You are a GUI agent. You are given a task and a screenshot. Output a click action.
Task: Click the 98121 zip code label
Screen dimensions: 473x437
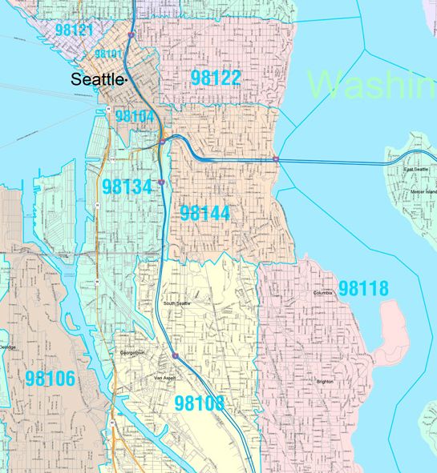[x=75, y=29]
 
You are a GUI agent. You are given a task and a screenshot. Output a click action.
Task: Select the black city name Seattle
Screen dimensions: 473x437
[x=97, y=79]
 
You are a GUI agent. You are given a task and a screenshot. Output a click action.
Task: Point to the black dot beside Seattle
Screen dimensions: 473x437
[x=126, y=80]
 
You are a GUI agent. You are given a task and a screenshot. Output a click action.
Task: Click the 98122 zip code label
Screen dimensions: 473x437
[x=216, y=78]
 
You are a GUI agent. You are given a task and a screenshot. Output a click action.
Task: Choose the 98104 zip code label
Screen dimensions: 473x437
[x=134, y=116]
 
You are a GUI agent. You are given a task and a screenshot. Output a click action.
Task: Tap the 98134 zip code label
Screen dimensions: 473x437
[x=126, y=187]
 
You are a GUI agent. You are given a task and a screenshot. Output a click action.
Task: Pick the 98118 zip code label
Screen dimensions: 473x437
[x=362, y=289]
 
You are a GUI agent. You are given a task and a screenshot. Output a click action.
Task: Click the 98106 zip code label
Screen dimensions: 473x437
[x=51, y=378]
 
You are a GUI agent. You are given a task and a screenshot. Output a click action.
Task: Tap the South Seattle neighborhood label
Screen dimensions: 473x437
[x=178, y=304]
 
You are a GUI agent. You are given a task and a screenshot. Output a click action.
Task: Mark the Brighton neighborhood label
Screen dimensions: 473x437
[x=326, y=382]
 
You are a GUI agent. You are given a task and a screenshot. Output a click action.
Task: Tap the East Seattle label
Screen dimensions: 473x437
[x=416, y=170]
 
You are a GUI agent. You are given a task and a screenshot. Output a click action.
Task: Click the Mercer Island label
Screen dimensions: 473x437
[x=423, y=192]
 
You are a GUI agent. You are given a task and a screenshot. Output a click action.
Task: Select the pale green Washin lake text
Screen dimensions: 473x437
[x=370, y=84]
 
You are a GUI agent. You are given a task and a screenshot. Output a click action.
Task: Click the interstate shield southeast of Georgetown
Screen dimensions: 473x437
[x=175, y=355]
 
